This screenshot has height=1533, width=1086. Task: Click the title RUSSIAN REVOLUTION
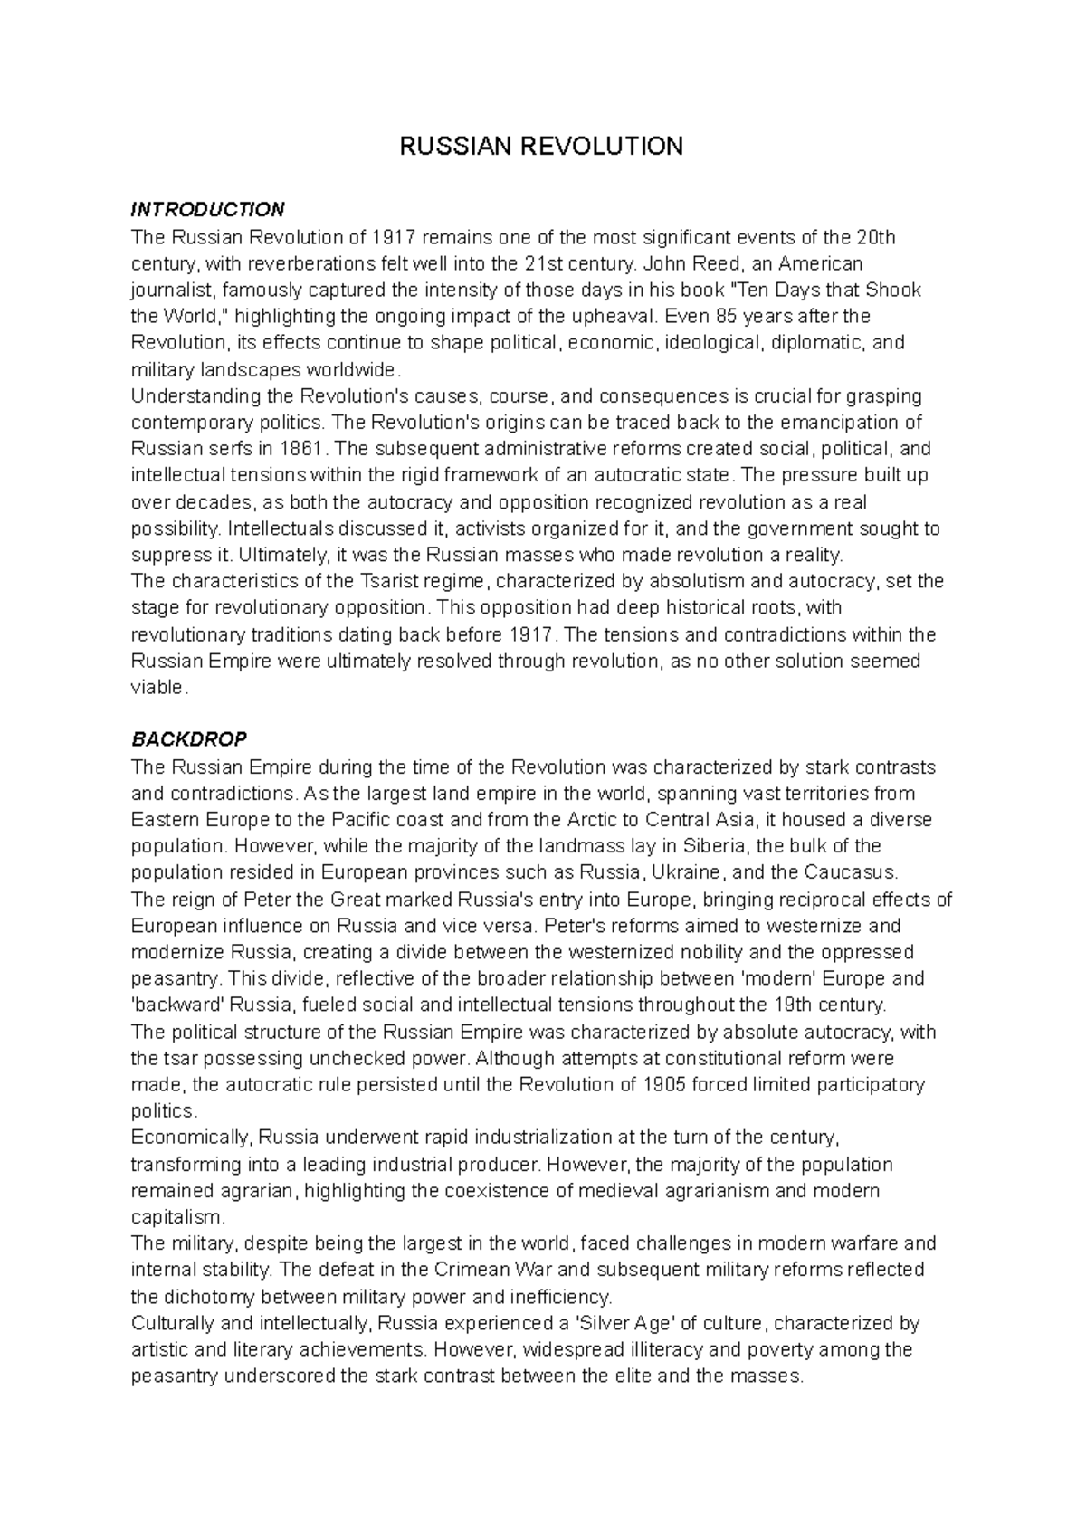[x=542, y=147]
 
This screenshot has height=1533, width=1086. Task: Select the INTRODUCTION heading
[x=207, y=210]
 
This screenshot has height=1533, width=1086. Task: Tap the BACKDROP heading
[x=189, y=739]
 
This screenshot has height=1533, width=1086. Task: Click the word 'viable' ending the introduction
[x=157, y=687]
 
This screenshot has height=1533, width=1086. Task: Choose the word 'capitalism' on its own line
[x=175, y=1217]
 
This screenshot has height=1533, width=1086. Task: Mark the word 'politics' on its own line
[x=161, y=1110]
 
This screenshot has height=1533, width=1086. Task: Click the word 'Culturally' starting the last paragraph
[x=171, y=1323]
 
